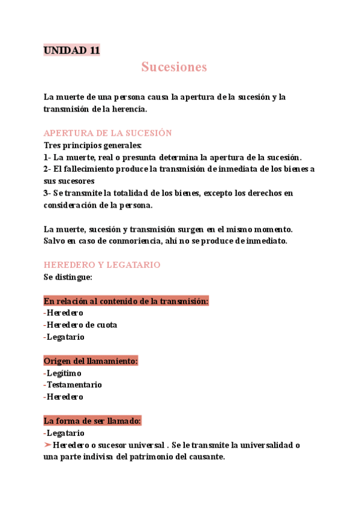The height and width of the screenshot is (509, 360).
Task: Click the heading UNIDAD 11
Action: click(x=71, y=50)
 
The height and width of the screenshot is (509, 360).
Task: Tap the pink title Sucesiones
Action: click(x=174, y=67)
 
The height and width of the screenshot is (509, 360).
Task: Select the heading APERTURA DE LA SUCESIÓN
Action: click(x=108, y=133)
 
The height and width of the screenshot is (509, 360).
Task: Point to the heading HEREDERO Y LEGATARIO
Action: click(x=102, y=265)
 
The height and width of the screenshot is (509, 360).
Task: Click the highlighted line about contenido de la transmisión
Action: click(x=126, y=301)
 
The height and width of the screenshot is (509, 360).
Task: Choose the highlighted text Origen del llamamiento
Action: click(x=91, y=361)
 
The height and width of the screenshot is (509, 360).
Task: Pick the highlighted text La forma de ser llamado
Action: click(x=92, y=421)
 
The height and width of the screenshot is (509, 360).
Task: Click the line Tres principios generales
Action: click(x=93, y=145)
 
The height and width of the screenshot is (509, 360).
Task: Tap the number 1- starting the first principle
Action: click(x=47, y=157)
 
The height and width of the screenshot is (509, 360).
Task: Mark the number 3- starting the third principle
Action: click(x=47, y=193)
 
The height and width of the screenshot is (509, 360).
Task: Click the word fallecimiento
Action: click(x=90, y=169)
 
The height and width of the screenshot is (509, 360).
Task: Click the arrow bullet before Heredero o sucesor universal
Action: click(x=47, y=445)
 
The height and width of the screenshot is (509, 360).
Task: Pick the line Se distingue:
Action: click(x=68, y=277)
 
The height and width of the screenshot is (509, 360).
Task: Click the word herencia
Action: click(x=127, y=109)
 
